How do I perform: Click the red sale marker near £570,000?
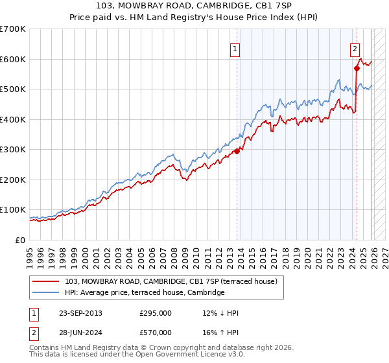[357, 67]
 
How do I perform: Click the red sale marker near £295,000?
[237, 150]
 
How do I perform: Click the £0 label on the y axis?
[21, 240]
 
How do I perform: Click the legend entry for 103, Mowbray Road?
[171, 281]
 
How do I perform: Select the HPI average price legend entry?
[144, 293]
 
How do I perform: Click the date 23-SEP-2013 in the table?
[80, 313]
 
